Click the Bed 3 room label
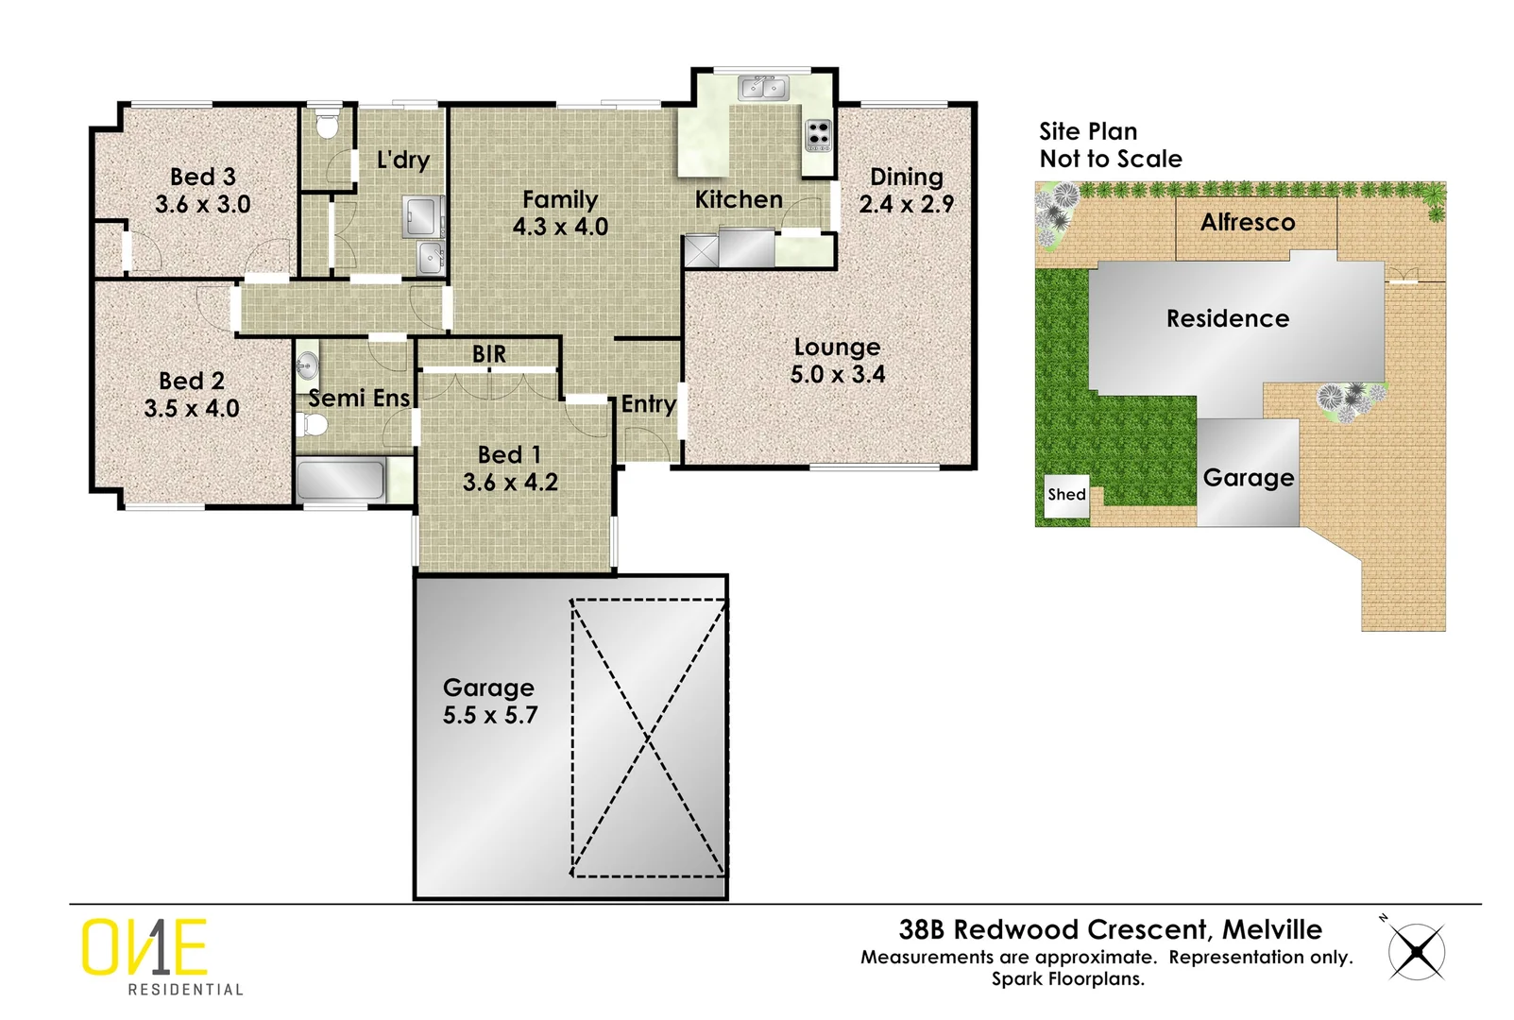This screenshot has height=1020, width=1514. [x=202, y=177]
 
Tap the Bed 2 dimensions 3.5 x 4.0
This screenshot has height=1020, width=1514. [x=192, y=409]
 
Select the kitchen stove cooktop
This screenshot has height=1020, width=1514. [x=818, y=134]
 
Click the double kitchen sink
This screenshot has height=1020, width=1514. [x=764, y=88]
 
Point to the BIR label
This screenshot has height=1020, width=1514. [x=489, y=354]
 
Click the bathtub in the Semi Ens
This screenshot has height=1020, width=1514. [x=341, y=480]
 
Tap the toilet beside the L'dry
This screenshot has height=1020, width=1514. [x=327, y=126]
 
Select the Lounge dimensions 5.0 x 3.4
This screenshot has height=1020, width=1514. [x=838, y=375]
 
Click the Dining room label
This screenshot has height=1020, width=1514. [x=906, y=177]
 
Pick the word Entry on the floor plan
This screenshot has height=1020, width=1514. [x=648, y=404]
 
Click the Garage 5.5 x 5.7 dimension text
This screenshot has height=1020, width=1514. [x=490, y=716]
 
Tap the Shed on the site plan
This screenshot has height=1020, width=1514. [x=1066, y=495]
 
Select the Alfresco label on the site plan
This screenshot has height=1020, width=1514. [x=1248, y=223]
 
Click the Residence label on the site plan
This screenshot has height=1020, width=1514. [x=1228, y=319]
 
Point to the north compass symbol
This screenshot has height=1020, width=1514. [x=1417, y=951]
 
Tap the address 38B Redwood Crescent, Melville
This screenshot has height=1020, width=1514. [x=1110, y=929]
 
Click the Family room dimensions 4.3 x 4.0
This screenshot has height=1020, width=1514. [x=560, y=228]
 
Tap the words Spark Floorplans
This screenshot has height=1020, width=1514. [x=1067, y=979]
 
